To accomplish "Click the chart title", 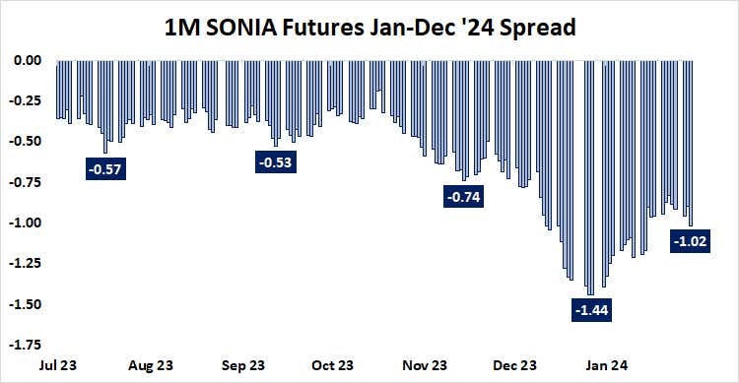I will pos(369,29).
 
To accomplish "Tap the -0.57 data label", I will pos(104,169).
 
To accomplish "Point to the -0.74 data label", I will pos(463,198).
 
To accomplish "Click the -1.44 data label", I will pos(590,310).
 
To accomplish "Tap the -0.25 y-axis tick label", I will pos(26,100).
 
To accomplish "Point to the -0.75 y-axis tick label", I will pos(26,182).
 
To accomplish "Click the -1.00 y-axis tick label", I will pos(26,223).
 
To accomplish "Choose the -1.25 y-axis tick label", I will pos(26,263).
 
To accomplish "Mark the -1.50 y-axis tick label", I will pos(26,304).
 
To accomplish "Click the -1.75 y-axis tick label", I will pos(26,345).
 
